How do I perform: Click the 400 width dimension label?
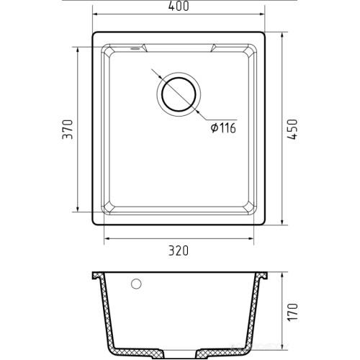click(x=179, y=6)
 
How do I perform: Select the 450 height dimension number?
click(x=292, y=129)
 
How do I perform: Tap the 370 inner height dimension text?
click(x=68, y=129)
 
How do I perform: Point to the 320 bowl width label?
click(x=179, y=251)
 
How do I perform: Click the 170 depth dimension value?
click(x=292, y=312)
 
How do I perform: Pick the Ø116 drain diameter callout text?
click(x=223, y=128)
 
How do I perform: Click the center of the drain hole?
click(x=179, y=94)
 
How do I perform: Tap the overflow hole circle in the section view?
click(x=136, y=284)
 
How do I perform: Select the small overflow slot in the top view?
click(x=135, y=48)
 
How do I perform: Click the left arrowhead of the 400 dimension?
click(x=95, y=14)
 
